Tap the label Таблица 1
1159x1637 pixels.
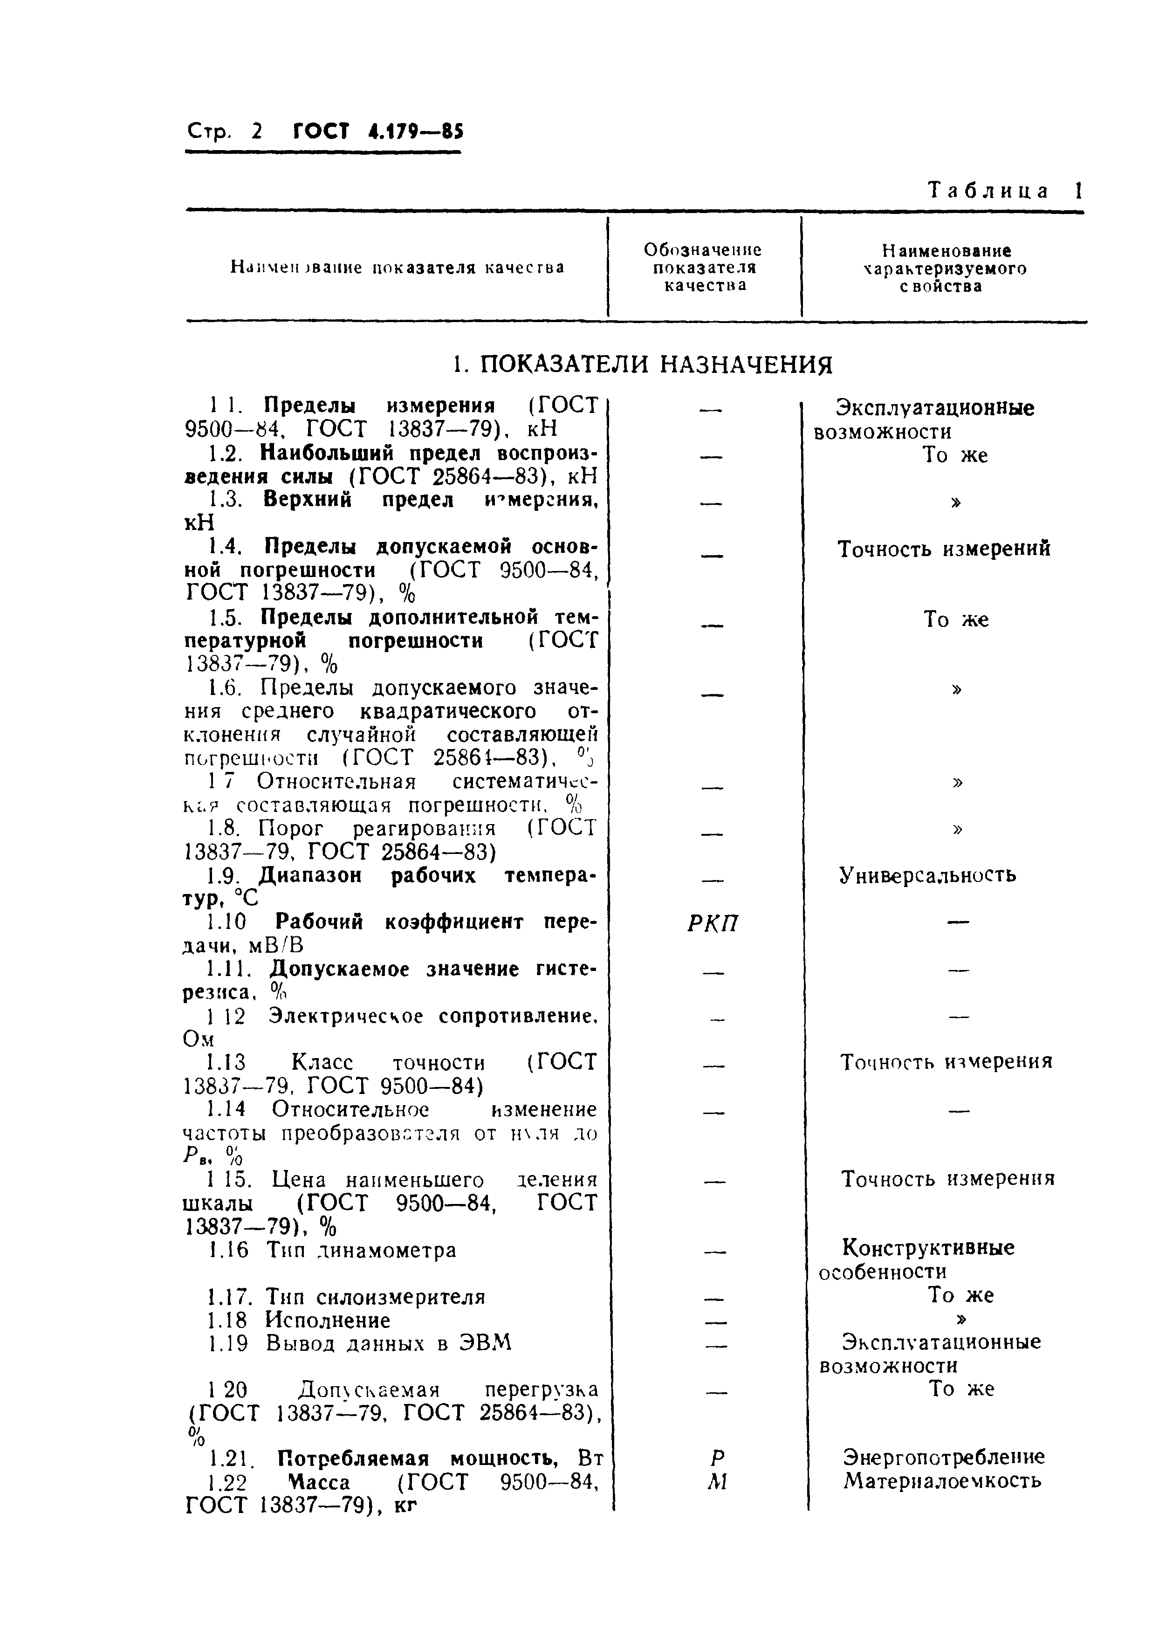[1005, 191]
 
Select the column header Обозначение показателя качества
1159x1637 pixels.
[703, 268]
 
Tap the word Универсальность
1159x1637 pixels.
[927, 875]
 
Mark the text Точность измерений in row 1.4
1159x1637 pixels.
[944, 549]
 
